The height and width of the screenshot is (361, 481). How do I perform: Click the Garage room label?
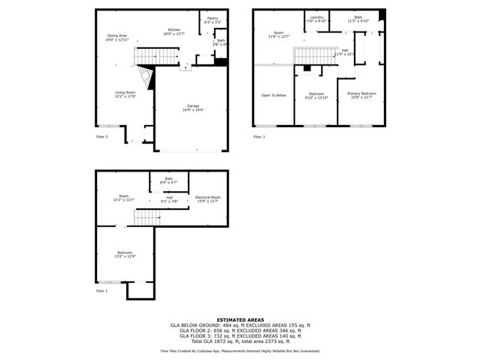click(x=193, y=108)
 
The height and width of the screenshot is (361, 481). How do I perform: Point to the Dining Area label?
click(x=116, y=37)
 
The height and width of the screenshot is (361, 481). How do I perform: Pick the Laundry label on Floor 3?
click(x=316, y=19)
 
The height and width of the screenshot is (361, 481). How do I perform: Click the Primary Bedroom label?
click(x=362, y=95)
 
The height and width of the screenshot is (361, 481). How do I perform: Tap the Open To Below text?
click(x=274, y=96)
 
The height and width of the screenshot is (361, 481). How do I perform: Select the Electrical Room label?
click(x=208, y=198)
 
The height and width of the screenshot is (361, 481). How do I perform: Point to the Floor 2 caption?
click(x=101, y=137)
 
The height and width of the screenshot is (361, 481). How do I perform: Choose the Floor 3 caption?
click(x=259, y=137)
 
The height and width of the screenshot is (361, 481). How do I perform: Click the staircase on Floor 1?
click(x=148, y=217)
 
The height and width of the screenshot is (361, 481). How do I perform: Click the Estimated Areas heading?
click(x=240, y=320)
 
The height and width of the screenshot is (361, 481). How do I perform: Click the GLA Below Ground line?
click(x=240, y=325)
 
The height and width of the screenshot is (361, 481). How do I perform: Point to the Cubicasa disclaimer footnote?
click(x=240, y=351)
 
